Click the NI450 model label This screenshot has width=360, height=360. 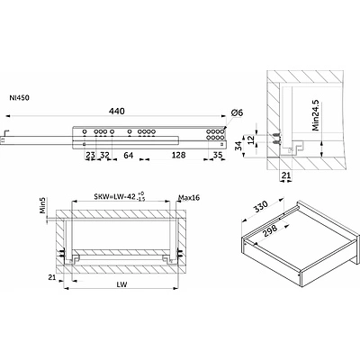click(20, 98)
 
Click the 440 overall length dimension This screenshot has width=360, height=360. click(117, 112)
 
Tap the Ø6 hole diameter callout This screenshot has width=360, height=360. click(237, 113)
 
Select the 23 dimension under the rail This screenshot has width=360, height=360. click(91, 155)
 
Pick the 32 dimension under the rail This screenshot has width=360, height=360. click(104, 155)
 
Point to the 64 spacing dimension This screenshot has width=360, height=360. click(129, 155)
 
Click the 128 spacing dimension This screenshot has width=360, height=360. click(179, 155)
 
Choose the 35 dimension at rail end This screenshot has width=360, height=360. click(218, 155)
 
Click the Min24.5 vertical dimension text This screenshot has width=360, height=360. click(316, 116)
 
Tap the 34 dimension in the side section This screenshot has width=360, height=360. click(239, 146)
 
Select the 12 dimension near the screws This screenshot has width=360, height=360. click(251, 139)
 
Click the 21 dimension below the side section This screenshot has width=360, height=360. click(285, 175)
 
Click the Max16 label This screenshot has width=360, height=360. click(189, 197)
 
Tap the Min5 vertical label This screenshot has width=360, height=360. click(43, 205)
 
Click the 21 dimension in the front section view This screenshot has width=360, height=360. click(52, 277)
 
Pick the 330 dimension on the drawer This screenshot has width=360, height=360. click(259, 207)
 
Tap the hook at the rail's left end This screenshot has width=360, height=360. click(7, 131)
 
